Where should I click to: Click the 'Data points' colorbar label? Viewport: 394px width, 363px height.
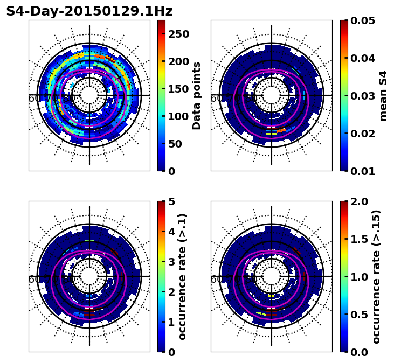click(197, 95)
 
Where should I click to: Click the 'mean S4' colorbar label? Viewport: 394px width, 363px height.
click(383, 95)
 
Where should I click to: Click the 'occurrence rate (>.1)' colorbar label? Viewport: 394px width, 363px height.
click(182, 276)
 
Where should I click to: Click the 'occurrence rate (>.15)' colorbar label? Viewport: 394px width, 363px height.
click(376, 276)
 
